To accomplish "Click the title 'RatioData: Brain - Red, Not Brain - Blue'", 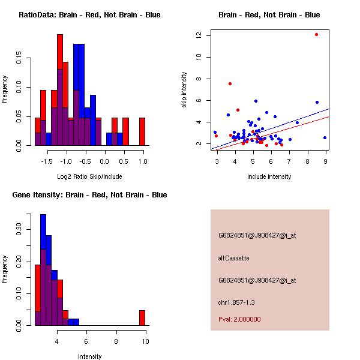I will [89, 15].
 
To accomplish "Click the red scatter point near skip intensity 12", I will [316, 34].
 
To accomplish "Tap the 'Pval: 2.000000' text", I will [239, 319].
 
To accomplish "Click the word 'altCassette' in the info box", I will [233, 258].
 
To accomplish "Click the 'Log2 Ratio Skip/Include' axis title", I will [89, 176].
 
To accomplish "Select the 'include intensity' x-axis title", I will [269, 176].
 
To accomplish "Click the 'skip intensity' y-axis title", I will [184, 90].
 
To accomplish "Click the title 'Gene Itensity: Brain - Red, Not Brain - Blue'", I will [89, 195].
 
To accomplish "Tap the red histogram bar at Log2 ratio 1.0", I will [142, 131].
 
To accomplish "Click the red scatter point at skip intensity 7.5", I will [230, 83].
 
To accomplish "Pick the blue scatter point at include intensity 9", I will [325, 137].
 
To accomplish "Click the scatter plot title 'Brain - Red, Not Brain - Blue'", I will [269, 15].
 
